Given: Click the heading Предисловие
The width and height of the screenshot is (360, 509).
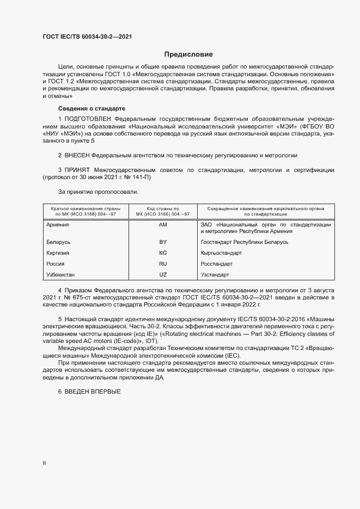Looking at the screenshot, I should point(188,54).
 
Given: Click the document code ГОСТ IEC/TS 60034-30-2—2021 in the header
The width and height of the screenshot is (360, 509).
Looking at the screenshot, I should point(87,36).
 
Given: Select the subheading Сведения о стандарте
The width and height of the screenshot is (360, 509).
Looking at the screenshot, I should point(91,108).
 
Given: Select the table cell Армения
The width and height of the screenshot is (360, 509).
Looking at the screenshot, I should point(58,224).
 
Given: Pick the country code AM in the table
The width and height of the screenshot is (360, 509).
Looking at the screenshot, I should point(162,224).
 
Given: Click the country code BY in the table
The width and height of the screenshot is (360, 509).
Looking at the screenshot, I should point(162,242).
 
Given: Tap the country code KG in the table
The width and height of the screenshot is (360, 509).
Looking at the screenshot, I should point(162,253).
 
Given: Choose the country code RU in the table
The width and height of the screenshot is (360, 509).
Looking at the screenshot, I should point(162,263).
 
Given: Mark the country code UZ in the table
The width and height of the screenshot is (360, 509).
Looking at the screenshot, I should point(162,274).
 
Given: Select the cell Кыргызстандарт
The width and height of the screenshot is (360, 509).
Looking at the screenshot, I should point(222,253).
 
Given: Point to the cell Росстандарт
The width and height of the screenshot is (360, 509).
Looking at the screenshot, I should point(217,263).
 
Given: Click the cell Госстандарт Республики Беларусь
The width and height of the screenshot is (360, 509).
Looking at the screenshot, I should point(245,242).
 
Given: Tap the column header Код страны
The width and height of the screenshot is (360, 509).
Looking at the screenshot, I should point(162,211).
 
